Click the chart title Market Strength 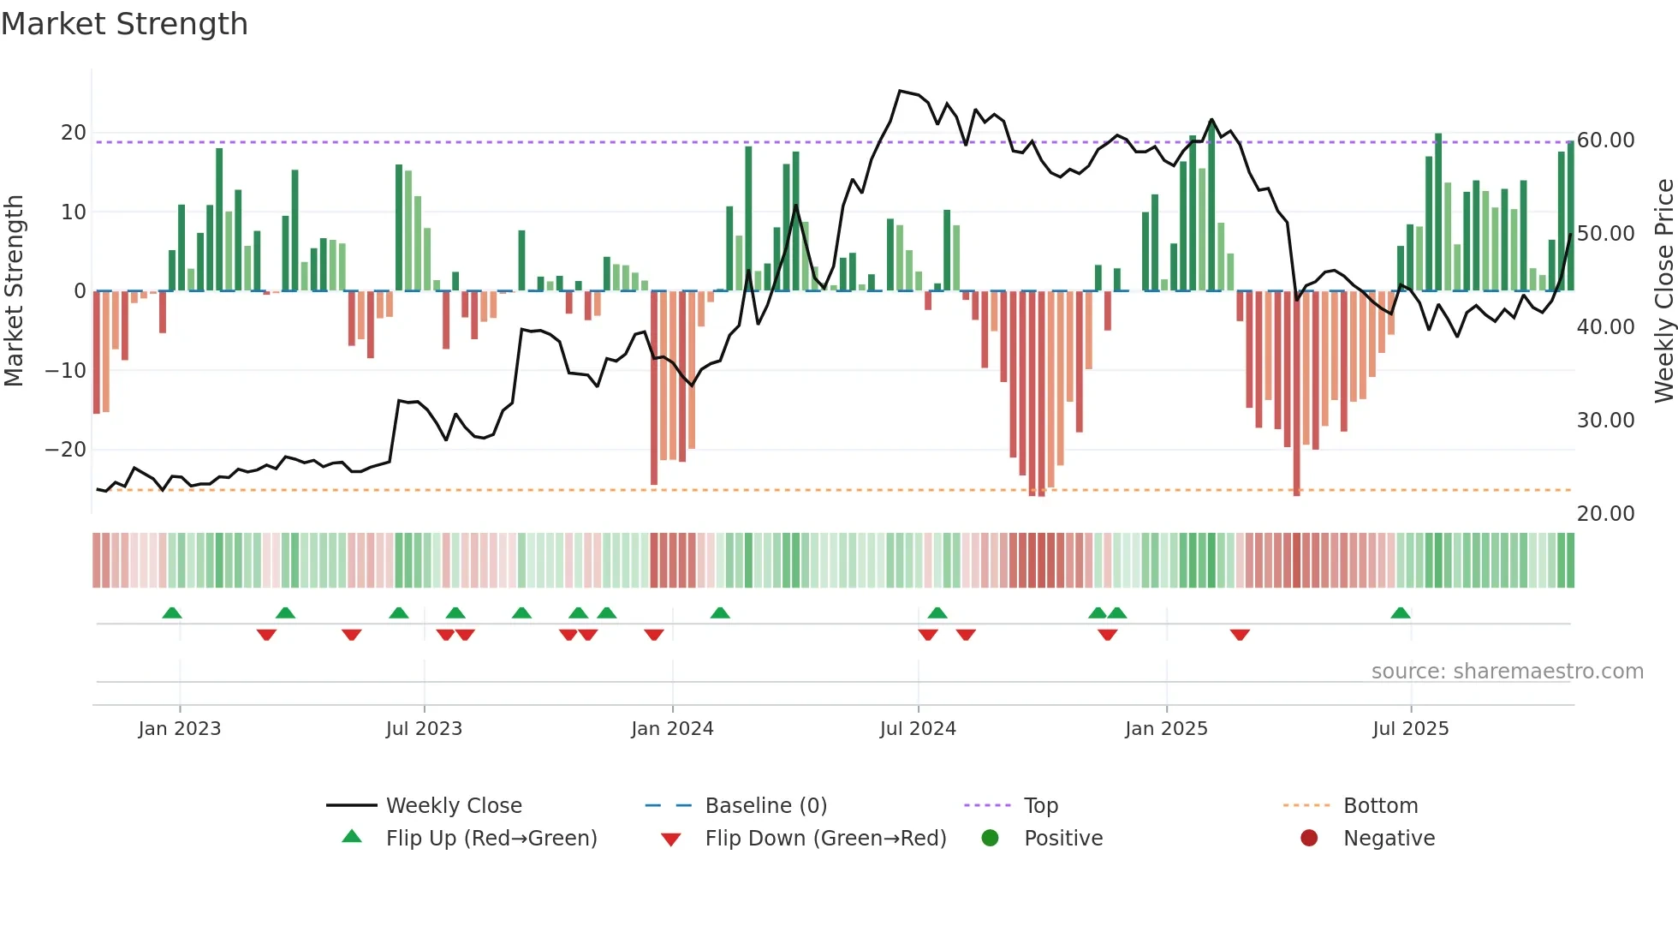(124, 24)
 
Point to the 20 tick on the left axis (74, 133)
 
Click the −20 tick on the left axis (66, 450)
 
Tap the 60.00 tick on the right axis (1605, 140)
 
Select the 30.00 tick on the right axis (1605, 421)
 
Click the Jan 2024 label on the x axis (672, 729)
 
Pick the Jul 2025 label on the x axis (1410, 729)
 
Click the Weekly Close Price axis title (1663, 291)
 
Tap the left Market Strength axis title (15, 291)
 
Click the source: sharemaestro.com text (1507, 672)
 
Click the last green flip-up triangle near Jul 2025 (1401, 613)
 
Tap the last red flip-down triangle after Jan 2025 (1240, 635)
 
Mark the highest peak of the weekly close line (900, 91)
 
